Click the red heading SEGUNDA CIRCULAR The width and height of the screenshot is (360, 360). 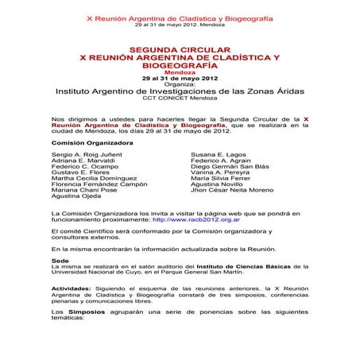tap(179, 48)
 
